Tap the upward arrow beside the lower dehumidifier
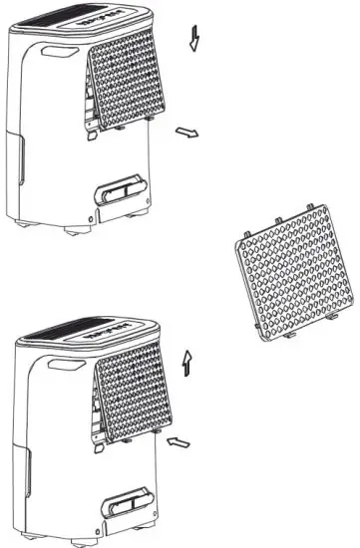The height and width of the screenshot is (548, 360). click(187, 363)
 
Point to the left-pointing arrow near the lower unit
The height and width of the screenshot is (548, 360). click(180, 439)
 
